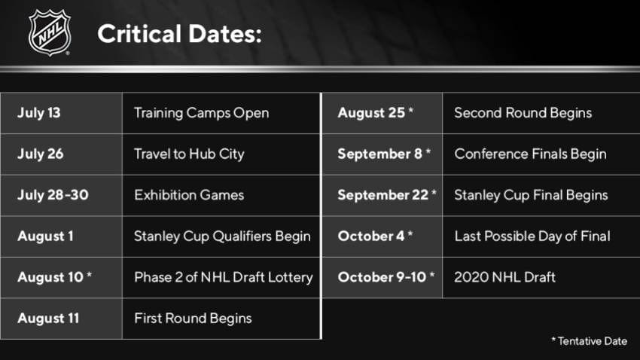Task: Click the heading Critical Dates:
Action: pos(179,34)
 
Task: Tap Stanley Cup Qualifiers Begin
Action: pos(222,236)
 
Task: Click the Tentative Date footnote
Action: pos(589,341)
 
